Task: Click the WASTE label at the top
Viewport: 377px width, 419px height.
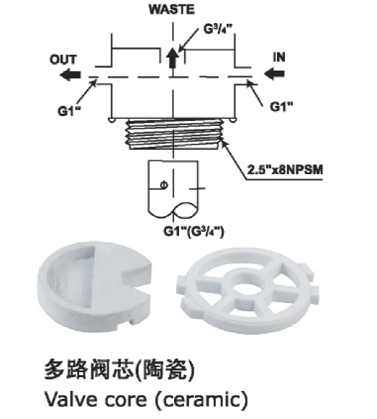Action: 172,9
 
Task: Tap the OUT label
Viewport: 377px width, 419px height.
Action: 63,60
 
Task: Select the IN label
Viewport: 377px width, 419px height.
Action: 279,58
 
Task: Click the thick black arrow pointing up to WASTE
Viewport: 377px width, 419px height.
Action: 173,59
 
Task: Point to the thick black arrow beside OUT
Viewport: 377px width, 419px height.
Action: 71,75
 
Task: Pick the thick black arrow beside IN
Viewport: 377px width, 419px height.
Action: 274,73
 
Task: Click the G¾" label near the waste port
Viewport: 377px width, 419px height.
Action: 219,29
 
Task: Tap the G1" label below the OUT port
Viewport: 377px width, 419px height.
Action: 70,111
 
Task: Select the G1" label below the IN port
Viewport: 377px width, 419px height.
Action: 281,107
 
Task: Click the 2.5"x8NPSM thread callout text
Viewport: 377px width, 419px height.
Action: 285,170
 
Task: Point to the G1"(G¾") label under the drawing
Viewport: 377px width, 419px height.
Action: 194,231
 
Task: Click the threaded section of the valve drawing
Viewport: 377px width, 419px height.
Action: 174,134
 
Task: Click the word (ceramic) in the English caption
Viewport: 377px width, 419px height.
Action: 202,400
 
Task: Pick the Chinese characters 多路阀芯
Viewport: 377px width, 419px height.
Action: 89,370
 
